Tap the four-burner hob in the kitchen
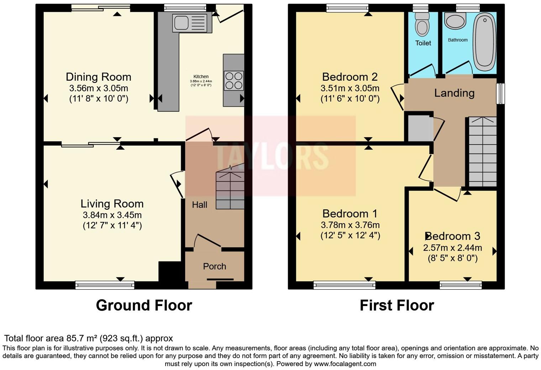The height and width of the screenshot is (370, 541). [x=233, y=81]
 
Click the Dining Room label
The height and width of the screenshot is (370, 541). [x=98, y=77]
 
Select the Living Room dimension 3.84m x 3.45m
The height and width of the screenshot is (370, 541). [x=112, y=215]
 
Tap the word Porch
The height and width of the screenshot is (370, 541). [x=214, y=266]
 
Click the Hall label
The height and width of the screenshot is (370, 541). [x=199, y=205]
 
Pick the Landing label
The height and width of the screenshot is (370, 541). [x=454, y=93]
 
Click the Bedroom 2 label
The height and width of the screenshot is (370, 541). [x=350, y=77]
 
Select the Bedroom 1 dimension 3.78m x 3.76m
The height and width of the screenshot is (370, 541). [x=350, y=225]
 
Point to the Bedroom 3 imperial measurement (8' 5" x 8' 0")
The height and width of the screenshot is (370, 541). [x=452, y=258]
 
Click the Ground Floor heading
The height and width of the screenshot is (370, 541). [x=144, y=306]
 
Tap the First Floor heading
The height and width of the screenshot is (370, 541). [x=396, y=306]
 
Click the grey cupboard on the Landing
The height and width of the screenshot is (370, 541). [x=419, y=128]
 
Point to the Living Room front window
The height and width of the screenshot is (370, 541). [x=105, y=284]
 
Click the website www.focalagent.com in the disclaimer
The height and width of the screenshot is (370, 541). [x=345, y=364]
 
